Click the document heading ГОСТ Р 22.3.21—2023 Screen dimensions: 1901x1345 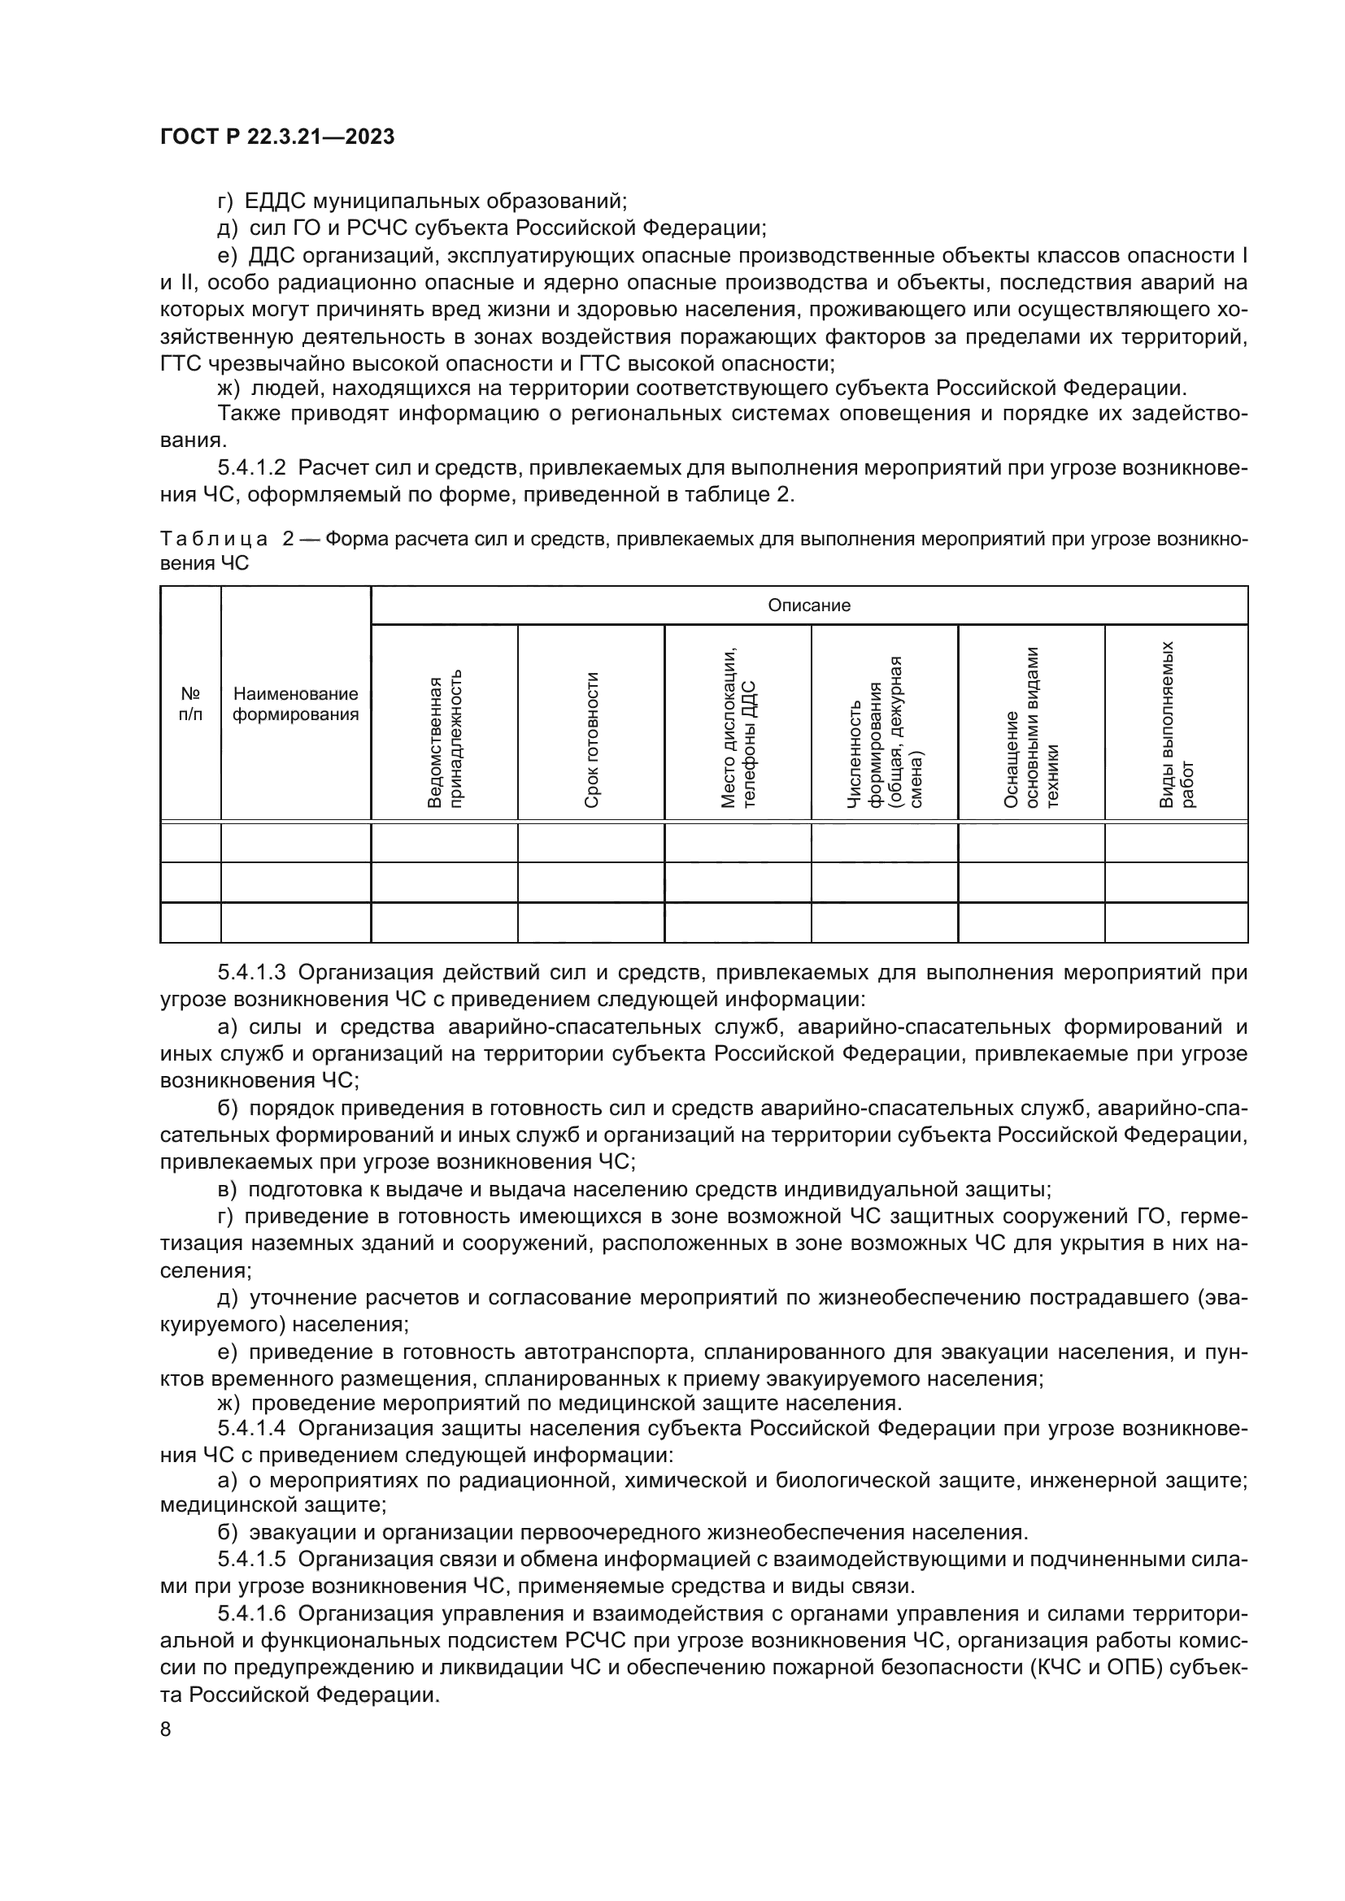coord(276,137)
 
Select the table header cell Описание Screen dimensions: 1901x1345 coord(808,605)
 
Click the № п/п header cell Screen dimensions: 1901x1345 coord(190,703)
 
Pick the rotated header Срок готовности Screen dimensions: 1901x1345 coord(591,740)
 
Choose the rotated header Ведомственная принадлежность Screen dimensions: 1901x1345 coord(445,740)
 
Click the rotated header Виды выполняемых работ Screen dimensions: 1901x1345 coord(1177,723)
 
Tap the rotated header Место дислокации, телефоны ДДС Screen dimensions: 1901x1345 coord(737,727)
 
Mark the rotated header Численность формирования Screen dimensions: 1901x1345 coord(885,732)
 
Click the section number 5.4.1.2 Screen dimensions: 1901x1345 coord(252,468)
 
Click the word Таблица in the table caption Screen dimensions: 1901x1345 coord(214,539)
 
